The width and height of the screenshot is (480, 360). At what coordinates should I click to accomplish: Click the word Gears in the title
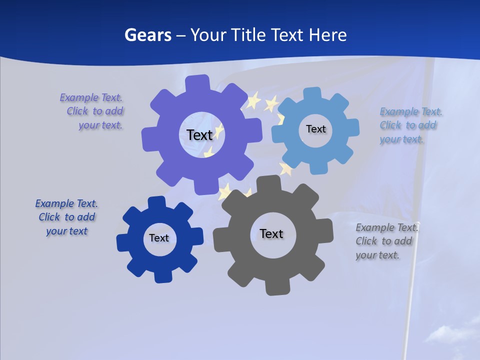click(x=147, y=35)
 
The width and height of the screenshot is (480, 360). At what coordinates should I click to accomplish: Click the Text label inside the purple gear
click(x=199, y=135)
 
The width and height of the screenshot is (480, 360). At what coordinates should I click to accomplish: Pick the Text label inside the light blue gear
click(x=315, y=129)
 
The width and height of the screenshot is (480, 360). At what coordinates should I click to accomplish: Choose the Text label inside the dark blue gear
click(x=159, y=238)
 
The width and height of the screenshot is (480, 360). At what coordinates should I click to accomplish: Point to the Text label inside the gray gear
click(x=271, y=233)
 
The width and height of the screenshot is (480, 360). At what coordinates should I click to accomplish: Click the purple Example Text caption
click(x=92, y=111)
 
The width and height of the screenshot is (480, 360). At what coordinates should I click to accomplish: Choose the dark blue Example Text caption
click(x=66, y=217)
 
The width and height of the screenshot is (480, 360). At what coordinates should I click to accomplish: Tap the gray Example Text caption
click(x=386, y=241)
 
